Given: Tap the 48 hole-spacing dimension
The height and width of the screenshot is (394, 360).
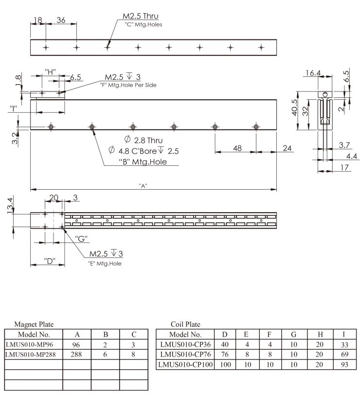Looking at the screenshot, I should point(237,148).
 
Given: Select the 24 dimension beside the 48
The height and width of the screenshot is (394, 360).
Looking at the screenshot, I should point(288,148).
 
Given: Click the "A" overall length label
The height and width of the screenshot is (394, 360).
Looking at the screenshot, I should point(143,185).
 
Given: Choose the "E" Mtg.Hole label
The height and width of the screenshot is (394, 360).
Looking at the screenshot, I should point(105,264).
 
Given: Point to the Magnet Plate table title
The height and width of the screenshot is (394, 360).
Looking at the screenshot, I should point(35,324).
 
